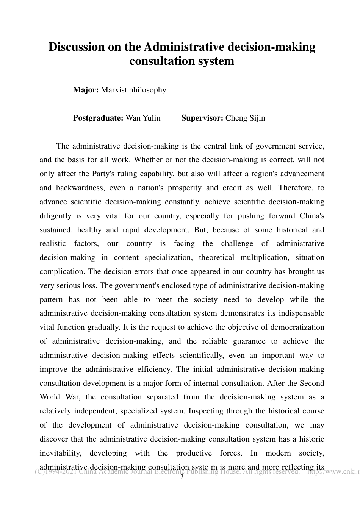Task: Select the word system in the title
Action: pos(217,61)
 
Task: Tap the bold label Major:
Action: pos(86,90)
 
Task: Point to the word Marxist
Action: pos(114,90)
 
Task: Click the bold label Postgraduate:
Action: pos(98,118)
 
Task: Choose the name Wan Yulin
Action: pos(143,118)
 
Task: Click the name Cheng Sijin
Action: pos(245,118)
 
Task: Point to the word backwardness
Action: pos(80,188)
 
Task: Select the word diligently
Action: pos(55,216)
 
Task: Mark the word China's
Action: pos(311,216)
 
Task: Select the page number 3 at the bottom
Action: pos(182,477)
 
